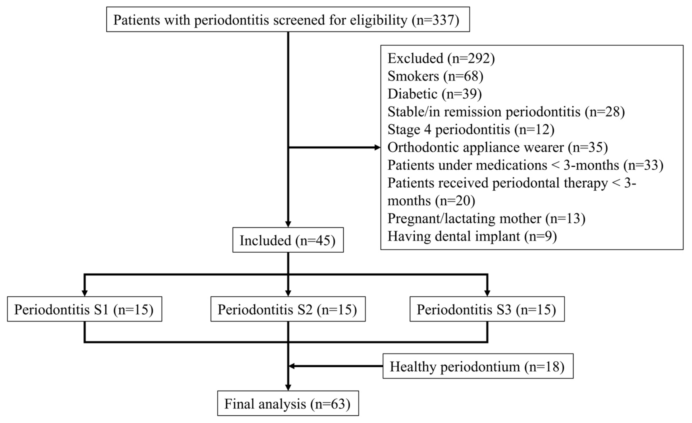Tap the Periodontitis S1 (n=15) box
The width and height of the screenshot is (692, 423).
[x=84, y=309]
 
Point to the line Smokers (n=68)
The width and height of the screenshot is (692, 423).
[x=435, y=76]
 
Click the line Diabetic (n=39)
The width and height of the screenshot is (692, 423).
[x=435, y=94]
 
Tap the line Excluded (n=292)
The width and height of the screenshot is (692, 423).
[x=441, y=58]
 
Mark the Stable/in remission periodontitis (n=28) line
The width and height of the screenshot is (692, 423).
[x=506, y=111]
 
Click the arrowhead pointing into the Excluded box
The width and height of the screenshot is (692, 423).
[x=377, y=147]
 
